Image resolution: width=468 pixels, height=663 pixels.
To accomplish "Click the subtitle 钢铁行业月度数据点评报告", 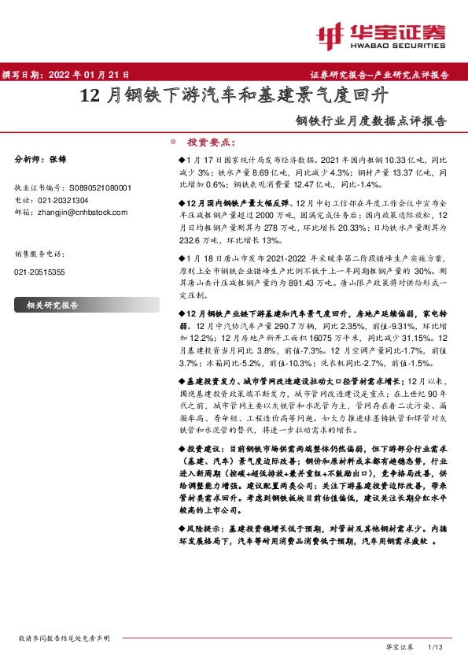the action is [x=370, y=122].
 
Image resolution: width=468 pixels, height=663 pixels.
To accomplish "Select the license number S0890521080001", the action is [x=100, y=188].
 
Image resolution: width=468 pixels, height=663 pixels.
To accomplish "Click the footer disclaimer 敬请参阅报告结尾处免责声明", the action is [x=64, y=638].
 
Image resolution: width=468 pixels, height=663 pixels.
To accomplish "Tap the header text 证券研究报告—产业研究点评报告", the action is [x=385, y=75].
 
